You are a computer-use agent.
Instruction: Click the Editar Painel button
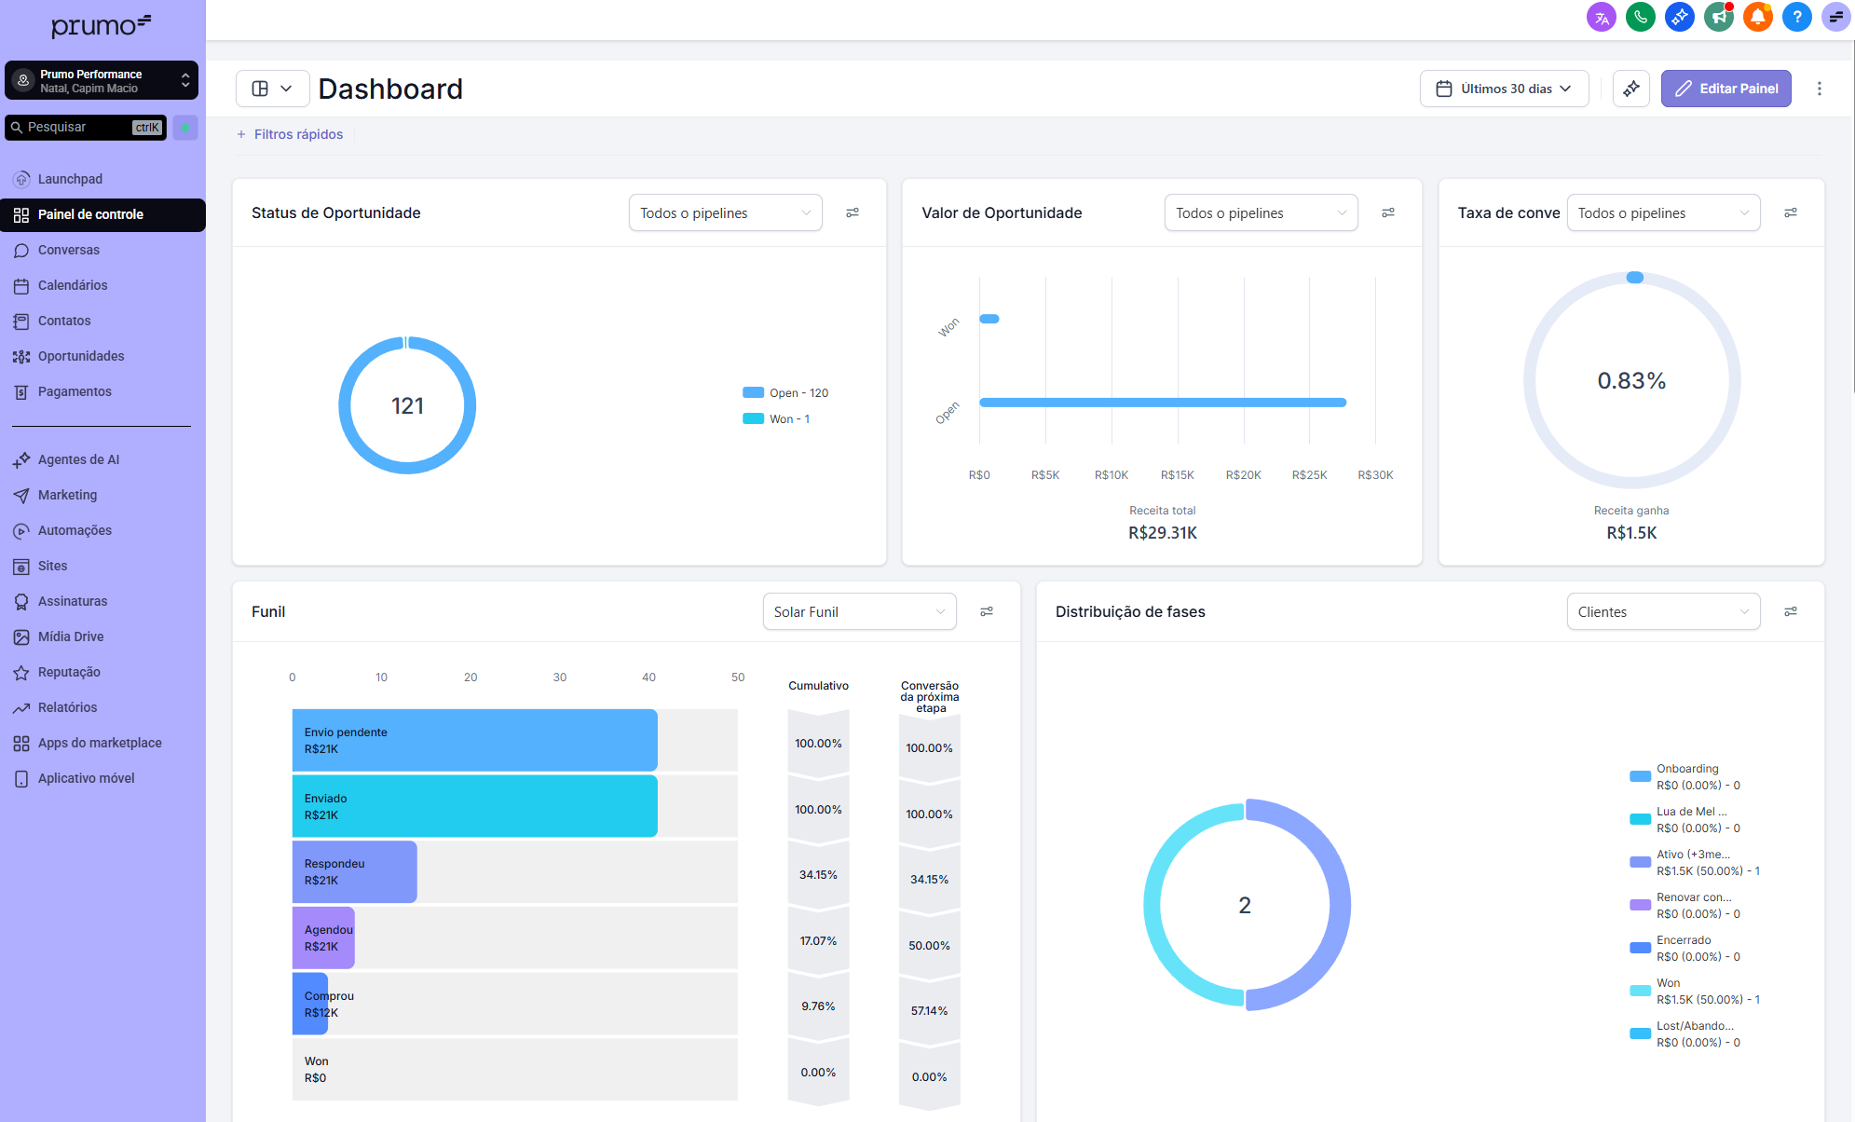[x=1725, y=89]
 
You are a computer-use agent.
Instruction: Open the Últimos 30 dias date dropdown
[x=1504, y=89]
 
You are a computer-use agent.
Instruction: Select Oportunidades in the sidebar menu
[x=80, y=356]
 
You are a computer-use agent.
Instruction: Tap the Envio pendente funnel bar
[x=474, y=740]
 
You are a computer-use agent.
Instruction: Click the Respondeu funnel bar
[x=354, y=872]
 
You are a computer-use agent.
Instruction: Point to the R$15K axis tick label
[x=1177, y=475]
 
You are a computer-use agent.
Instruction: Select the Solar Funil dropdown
[x=859, y=612]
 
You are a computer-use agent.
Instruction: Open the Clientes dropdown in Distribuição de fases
[x=1662, y=612]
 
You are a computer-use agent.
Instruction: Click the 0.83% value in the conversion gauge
[x=1631, y=380]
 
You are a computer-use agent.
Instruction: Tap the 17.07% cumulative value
[x=818, y=941]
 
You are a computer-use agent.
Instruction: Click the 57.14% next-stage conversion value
[x=929, y=1011]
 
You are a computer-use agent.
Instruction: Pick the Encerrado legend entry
[x=1683, y=948]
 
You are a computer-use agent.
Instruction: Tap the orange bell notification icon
[x=1757, y=17]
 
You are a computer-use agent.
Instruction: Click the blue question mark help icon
[x=1796, y=17]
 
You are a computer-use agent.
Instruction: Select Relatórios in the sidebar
[x=67, y=707]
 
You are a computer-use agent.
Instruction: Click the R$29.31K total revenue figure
[x=1162, y=533]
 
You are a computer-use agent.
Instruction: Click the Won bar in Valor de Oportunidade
[x=989, y=319]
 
